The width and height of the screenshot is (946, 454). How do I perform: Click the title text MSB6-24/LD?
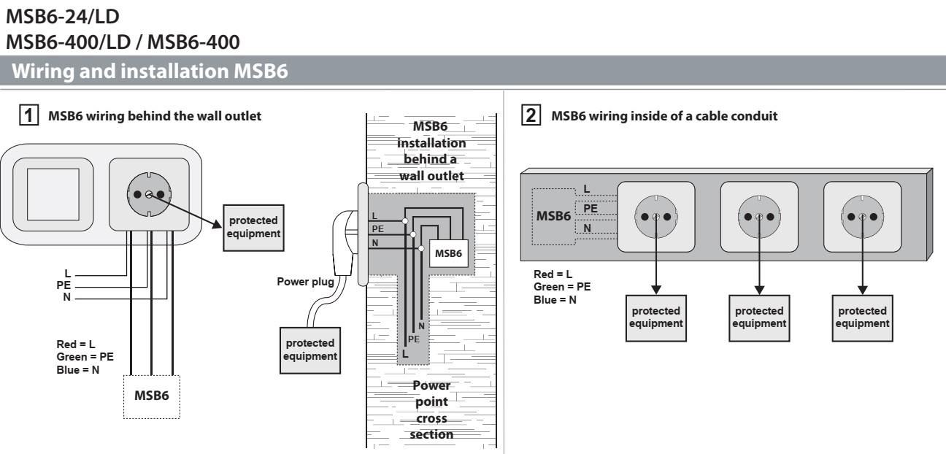point(72,14)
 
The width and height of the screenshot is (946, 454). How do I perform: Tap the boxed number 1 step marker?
point(31,115)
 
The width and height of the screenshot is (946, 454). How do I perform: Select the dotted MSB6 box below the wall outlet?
point(151,396)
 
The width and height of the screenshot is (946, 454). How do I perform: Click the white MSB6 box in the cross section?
point(448,253)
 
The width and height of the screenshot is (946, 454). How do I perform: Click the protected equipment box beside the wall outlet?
point(253,226)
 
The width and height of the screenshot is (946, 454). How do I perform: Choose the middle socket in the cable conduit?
point(759,217)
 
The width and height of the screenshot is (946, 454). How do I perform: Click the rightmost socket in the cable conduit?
point(862,217)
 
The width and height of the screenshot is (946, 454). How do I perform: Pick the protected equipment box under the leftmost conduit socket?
point(656,317)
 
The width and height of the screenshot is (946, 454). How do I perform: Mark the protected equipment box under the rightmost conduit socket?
point(862,317)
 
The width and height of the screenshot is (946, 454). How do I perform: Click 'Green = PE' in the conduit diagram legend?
point(562,286)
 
